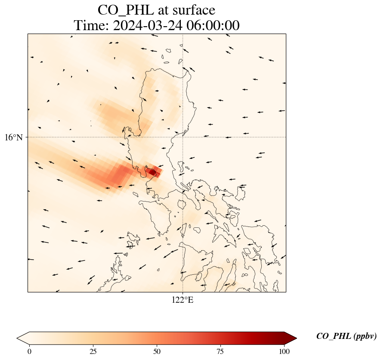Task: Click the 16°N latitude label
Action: [x=14, y=137]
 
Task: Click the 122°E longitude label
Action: [x=183, y=300]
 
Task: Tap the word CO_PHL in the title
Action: [x=123, y=9]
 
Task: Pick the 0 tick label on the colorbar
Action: [x=29, y=351]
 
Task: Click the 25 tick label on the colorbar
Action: [x=93, y=351]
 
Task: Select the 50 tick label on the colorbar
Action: [x=157, y=351]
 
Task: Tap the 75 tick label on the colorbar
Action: [x=220, y=351]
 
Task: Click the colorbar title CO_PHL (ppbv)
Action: [x=347, y=336]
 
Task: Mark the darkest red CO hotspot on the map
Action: [x=152, y=172]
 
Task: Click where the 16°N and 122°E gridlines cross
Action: [x=183, y=137]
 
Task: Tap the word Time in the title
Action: [x=91, y=25]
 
